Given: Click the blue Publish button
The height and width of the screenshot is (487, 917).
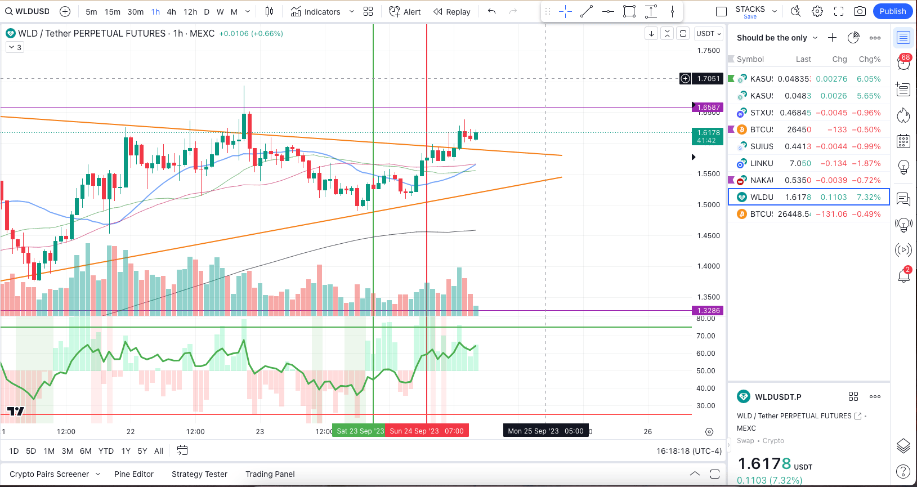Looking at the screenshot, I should point(892,11).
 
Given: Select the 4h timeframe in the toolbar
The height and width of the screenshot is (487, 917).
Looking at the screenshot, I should point(172,12).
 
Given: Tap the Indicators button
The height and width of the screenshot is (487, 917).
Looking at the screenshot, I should point(316,12).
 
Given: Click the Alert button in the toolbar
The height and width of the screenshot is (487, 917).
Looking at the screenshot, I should point(405,12).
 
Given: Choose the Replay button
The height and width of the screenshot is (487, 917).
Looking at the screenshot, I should point(452,12).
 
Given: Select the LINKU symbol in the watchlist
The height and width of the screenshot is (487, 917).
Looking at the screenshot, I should point(762,163).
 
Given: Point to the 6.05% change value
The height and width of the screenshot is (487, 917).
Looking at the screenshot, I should point(869,79).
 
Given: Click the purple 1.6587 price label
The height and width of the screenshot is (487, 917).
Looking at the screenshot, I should point(708,107).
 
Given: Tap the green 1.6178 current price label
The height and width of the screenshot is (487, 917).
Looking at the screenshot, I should point(707,136).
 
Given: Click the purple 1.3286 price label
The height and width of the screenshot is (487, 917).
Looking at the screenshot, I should point(708,310).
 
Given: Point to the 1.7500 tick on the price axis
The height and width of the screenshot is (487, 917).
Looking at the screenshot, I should point(708,51).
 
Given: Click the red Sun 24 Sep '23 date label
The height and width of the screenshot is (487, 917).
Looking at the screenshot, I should point(426,431).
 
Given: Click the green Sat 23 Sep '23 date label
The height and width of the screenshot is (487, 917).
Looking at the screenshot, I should point(359,431).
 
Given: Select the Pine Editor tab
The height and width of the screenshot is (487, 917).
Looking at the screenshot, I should point(134,474).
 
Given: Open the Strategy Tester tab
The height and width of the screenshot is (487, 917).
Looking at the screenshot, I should point(199,474).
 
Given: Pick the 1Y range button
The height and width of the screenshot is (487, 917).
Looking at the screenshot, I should point(126,451).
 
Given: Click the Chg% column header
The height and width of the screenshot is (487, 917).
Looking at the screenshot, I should point(870,59).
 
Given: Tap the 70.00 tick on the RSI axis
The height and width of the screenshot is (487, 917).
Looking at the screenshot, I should point(705,336).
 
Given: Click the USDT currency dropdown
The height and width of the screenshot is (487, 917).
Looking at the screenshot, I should point(708,34).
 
